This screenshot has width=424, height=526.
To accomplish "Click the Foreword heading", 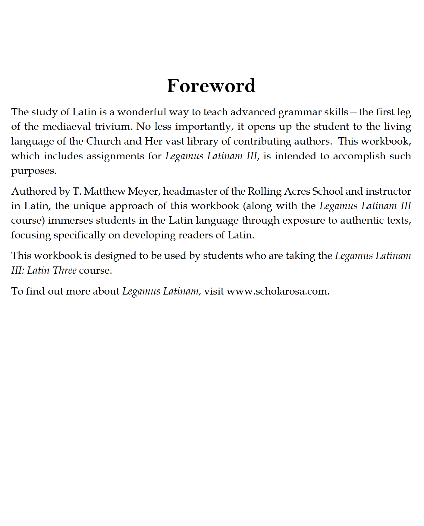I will pyautogui.click(x=211, y=86).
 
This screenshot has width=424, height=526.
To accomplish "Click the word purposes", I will pyautogui.click(x=34, y=171).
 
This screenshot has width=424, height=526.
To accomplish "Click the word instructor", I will pyautogui.click(x=388, y=191).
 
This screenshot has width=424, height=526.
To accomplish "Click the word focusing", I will pyautogui.click(x=31, y=235).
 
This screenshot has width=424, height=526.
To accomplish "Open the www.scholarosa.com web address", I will pyautogui.click(x=277, y=291).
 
